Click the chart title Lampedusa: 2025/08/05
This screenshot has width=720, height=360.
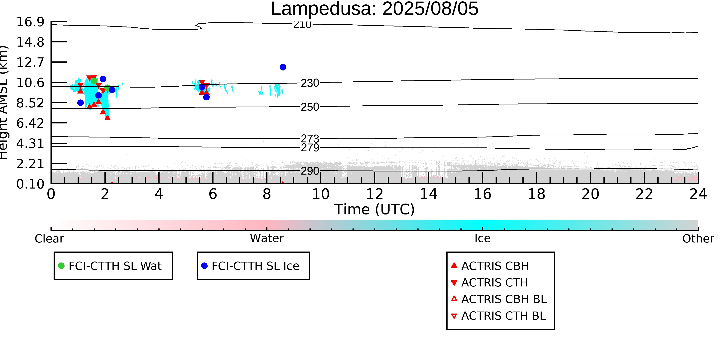click(x=375, y=9)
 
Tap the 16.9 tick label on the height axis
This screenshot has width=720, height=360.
click(x=30, y=22)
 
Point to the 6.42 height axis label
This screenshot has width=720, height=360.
click(x=30, y=123)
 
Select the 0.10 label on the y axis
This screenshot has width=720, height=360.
click(x=30, y=184)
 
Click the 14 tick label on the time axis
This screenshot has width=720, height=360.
click(x=429, y=194)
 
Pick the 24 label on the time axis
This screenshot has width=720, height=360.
click(x=698, y=194)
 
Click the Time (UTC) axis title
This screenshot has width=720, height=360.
click(x=375, y=209)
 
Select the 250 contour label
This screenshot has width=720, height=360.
click(x=310, y=107)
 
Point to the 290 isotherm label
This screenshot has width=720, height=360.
click(x=310, y=171)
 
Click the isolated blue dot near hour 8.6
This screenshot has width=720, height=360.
click(x=283, y=67)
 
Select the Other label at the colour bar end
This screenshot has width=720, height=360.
click(x=698, y=239)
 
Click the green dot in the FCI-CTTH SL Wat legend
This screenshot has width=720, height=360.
click(x=61, y=266)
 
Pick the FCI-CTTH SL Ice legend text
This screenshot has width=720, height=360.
click(x=256, y=266)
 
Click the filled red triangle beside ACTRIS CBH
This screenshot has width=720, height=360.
click(x=454, y=265)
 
